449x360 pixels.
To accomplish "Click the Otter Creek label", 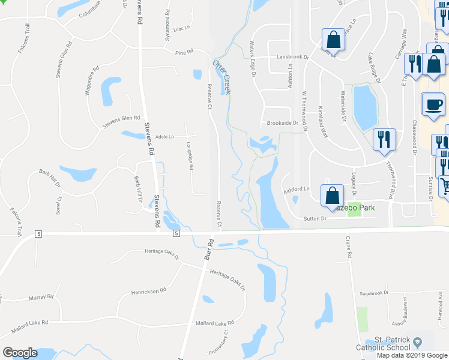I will click(221, 76).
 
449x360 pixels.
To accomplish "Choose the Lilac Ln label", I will click(181, 28).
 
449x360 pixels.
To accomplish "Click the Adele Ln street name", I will click(164, 137).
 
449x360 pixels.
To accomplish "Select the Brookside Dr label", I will click(283, 122).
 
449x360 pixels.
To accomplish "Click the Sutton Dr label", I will click(315, 220).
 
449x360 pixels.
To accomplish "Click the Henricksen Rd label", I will click(148, 291).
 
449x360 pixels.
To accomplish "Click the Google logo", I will click(20, 353).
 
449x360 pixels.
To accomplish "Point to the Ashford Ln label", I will click(296, 190).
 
